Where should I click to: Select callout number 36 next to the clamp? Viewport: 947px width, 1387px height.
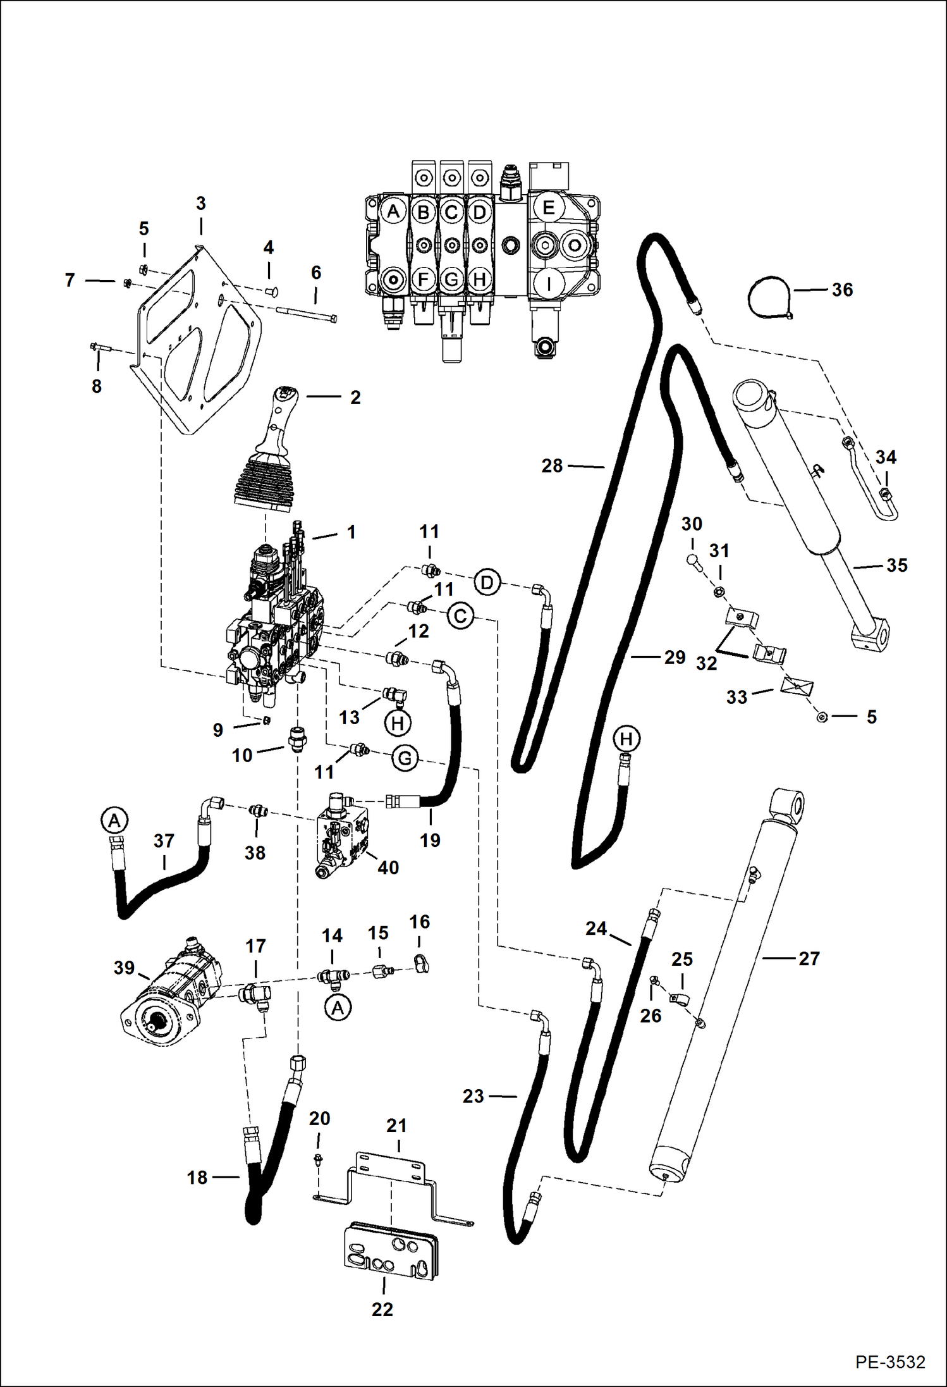(842, 290)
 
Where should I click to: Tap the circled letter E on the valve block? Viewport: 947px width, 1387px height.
(548, 207)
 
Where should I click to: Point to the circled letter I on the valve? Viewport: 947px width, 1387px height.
(548, 284)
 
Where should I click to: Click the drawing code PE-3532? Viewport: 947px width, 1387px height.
(890, 1362)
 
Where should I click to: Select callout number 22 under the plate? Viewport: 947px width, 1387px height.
(382, 1309)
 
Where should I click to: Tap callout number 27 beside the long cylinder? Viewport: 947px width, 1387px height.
(809, 959)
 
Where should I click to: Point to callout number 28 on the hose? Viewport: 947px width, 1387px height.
(551, 466)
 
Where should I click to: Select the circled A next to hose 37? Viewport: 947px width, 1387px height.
(114, 822)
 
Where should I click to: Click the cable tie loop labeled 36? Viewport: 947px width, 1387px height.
(768, 297)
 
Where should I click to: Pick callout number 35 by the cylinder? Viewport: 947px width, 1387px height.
(896, 565)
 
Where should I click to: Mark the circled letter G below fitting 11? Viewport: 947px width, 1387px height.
(405, 758)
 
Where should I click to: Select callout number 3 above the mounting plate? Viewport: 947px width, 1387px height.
(200, 204)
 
